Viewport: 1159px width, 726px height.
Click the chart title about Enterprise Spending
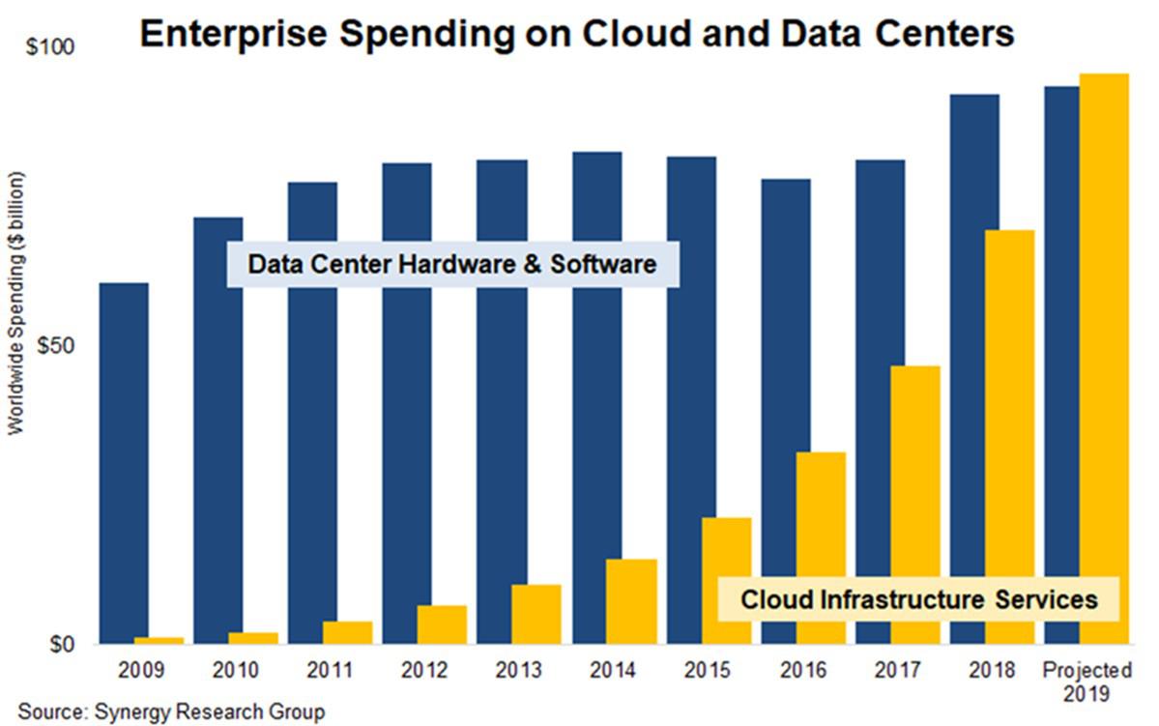577,35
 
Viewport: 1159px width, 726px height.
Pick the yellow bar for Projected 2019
1104,358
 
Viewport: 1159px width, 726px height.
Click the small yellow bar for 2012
442,624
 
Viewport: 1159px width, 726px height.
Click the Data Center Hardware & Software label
452,264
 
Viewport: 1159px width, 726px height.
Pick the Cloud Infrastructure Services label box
918,599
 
